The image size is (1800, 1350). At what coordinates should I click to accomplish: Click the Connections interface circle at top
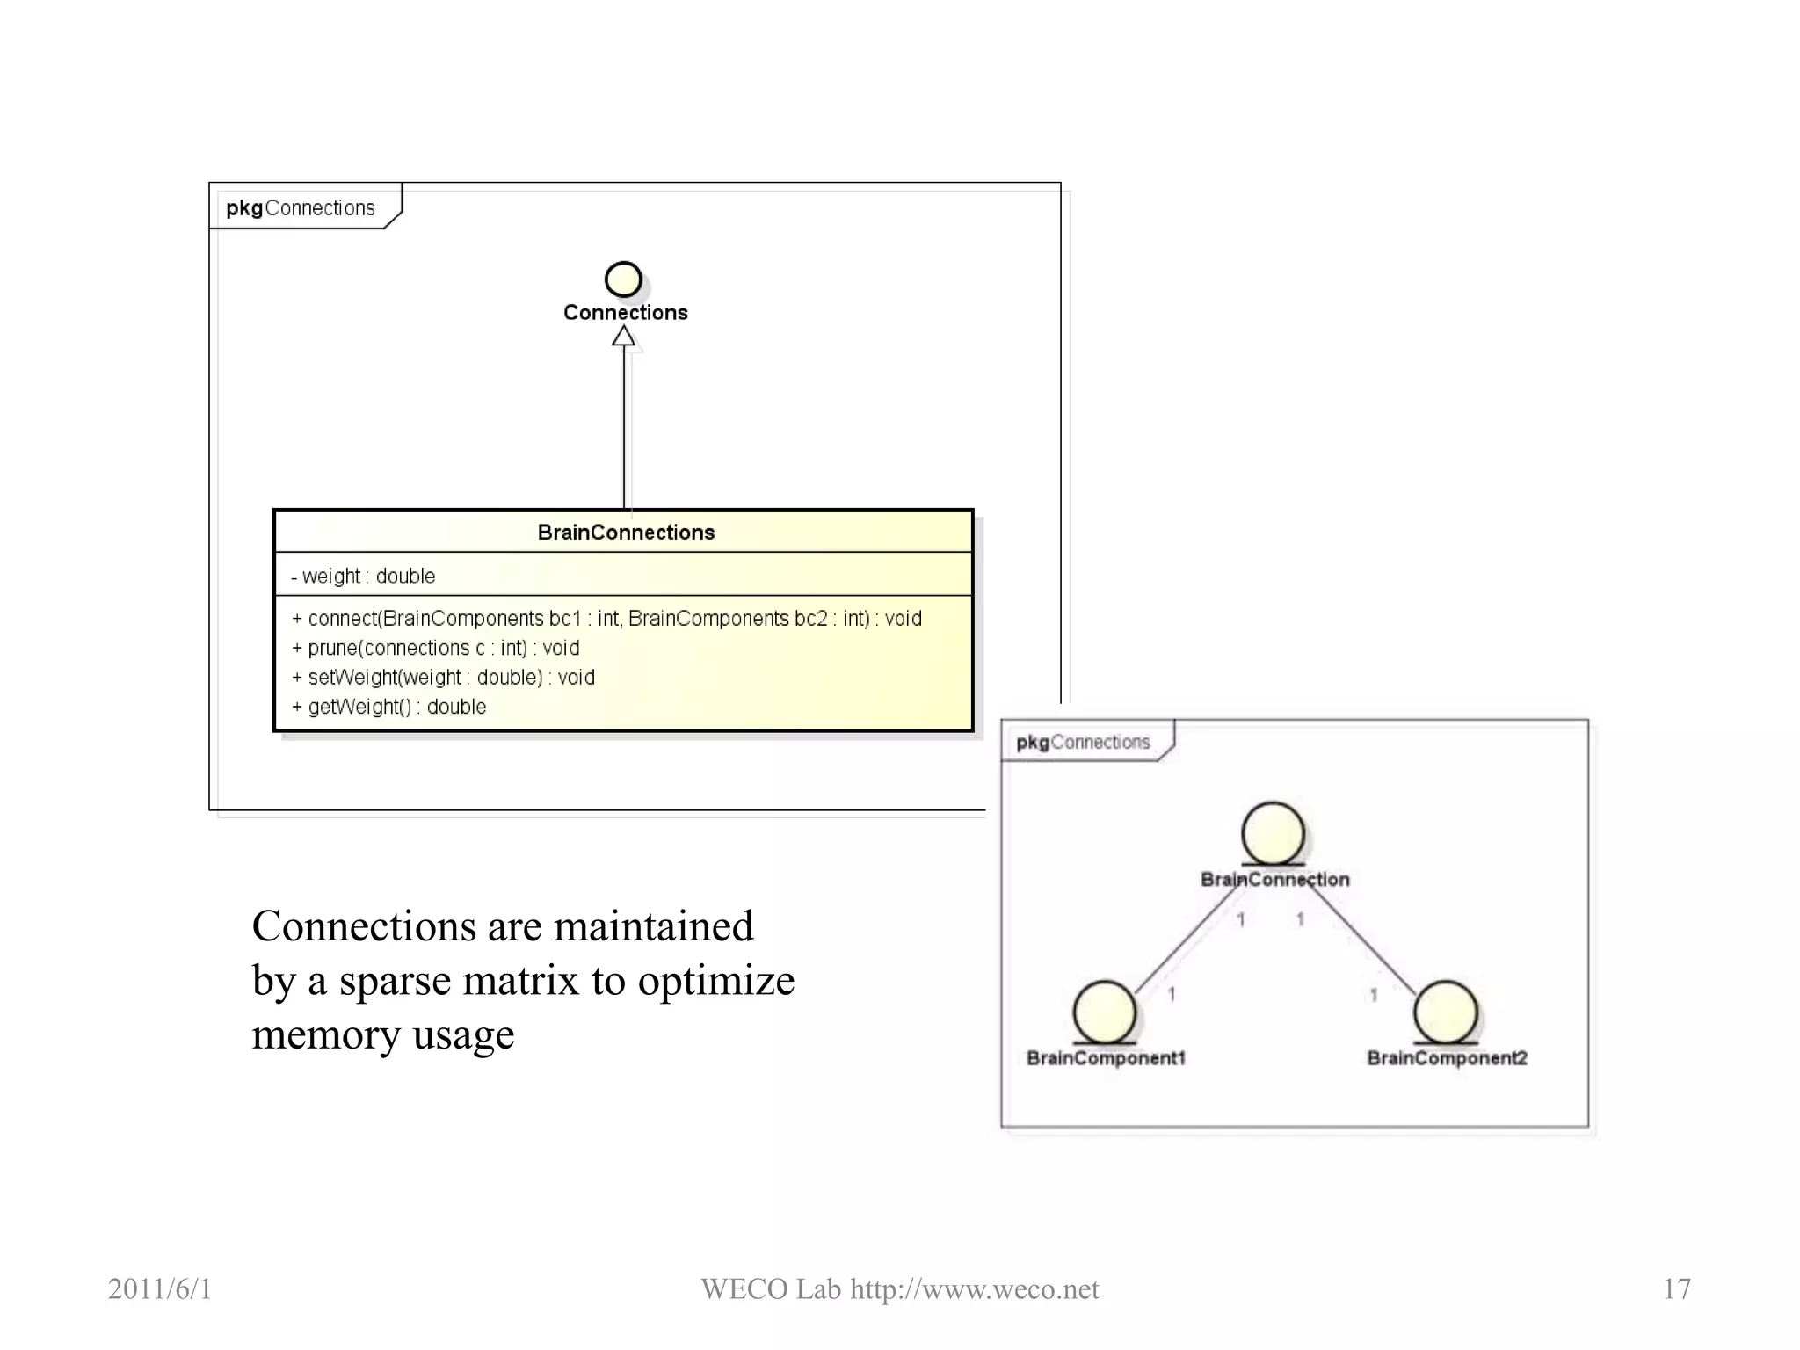click(623, 279)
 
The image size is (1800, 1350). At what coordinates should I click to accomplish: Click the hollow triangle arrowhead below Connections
click(623, 336)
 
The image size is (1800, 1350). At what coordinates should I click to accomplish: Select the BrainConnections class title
click(625, 532)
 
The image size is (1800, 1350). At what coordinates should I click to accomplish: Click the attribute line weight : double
click(364, 576)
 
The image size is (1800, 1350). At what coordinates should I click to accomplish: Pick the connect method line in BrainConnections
click(606, 619)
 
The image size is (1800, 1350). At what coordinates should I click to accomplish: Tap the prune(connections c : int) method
click(436, 648)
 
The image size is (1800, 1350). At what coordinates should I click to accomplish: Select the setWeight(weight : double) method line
click(444, 678)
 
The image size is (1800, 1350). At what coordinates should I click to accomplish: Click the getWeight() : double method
click(389, 707)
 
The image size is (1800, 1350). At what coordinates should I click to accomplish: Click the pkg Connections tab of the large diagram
click(301, 207)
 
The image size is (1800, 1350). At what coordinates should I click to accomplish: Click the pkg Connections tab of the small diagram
click(1083, 742)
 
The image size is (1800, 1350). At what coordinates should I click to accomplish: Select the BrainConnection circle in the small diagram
click(1273, 832)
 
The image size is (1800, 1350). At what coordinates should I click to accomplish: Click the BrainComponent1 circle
click(1104, 1012)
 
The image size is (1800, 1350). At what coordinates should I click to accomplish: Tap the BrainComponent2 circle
click(1445, 1012)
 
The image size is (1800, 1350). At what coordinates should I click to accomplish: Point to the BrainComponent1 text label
click(1106, 1057)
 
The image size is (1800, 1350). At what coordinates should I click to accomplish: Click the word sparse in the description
click(394, 981)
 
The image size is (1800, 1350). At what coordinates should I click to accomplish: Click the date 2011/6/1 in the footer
click(160, 1288)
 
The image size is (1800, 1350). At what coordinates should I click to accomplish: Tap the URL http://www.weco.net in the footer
click(974, 1288)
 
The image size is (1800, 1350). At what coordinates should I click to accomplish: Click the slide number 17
click(1676, 1288)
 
